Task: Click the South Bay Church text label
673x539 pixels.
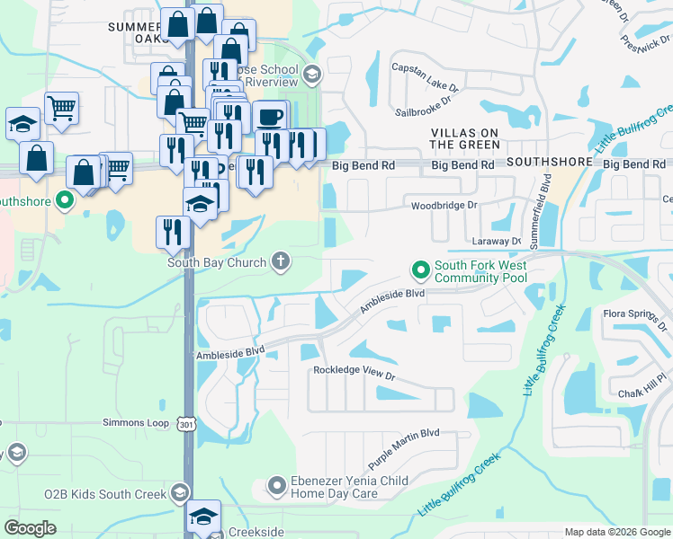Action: pos(216,262)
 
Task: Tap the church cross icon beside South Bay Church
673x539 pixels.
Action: pos(281,262)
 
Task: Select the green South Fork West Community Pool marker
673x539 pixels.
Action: pos(419,269)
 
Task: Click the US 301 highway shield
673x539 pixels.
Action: pos(186,423)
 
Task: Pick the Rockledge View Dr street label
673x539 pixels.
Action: pos(354,370)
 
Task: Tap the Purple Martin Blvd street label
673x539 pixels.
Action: pos(403,446)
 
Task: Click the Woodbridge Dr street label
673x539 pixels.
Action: pos(444,206)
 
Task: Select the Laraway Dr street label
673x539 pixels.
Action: pos(497,242)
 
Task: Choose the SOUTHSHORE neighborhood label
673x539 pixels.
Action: pos(550,163)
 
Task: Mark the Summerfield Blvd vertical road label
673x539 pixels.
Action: pos(545,206)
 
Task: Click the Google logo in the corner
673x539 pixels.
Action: pos(31,528)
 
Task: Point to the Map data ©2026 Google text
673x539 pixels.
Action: pos(616,532)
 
